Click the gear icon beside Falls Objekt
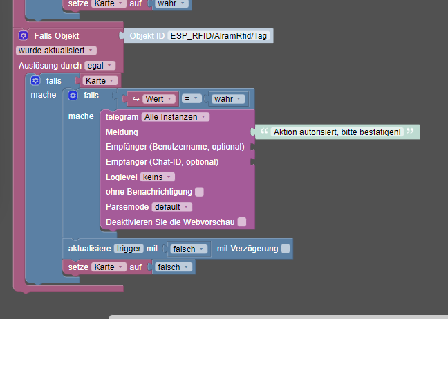click(x=24, y=36)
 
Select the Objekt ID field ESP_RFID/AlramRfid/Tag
click(x=218, y=36)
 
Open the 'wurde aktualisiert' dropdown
click(x=56, y=51)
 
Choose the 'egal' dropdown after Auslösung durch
click(x=100, y=66)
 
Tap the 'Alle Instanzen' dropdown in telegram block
click(x=176, y=117)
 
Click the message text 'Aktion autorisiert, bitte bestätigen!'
click(x=337, y=132)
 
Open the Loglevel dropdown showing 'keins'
click(x=158, y=177)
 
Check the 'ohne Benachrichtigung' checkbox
click(x=199, y=192)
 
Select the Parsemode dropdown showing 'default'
click(x=172, y=207)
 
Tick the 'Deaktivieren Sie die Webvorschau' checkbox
click(x=242, y=222)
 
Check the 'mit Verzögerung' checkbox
click(x=286, y=249)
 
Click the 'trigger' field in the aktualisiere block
click(x=129, y=249)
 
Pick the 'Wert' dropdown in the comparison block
click(x=159, y=99)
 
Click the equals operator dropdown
click(x=192, y=99)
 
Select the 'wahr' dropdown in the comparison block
click(x=228, y=99)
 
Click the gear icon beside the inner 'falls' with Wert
click(x=73, y=96)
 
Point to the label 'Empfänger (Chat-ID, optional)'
click(x=162, y=162)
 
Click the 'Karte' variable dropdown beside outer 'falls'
click(x=100, y=81)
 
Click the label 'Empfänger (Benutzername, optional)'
click(x=175, y=147)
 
